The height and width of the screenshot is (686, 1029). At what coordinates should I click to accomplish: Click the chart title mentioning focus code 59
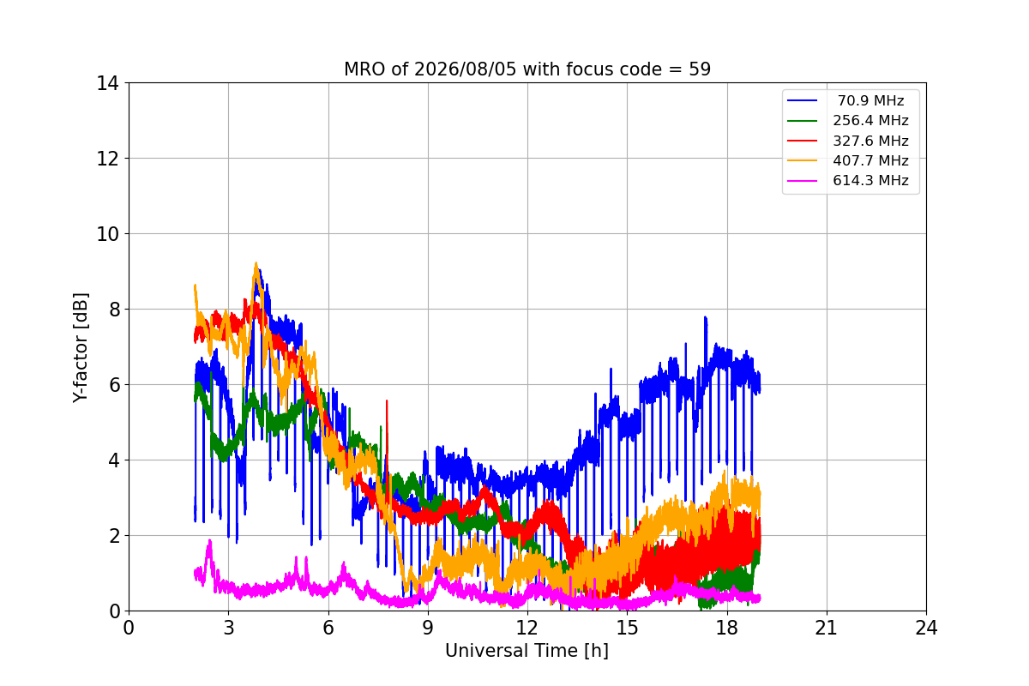click(x=527, y=69)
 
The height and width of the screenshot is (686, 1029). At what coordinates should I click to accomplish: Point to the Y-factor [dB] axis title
click(x=80, y=348)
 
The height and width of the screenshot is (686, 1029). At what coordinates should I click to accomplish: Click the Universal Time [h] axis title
click(x=527, y=651)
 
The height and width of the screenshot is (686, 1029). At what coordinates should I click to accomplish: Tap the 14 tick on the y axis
click(x=107, y=83)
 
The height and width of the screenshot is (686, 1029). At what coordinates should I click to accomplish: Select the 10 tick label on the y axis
click(x=107, y=234)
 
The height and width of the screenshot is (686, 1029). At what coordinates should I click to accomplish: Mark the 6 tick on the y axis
click(x=114, y=384)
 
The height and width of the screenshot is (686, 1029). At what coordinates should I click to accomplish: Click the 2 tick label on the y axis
click(x=114, y=536)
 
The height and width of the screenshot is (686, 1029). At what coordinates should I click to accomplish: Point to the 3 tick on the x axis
click(x=229, y=628)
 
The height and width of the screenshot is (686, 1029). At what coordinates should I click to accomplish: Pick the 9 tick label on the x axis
click(x=428, y=628)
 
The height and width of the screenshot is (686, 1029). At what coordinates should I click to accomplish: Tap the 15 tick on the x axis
click(x=628, y=628)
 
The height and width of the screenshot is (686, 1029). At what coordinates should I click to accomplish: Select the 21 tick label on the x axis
click(x=827, y=628)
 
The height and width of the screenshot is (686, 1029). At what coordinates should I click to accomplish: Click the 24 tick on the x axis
click(x=927, y=628)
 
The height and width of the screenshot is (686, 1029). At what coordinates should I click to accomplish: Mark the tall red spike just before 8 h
click(x=387, y=401)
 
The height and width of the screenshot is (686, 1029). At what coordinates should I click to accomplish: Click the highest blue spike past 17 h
click(x=706, y=318)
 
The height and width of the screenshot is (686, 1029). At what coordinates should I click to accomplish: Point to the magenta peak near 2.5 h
click(x=210, y=541)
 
